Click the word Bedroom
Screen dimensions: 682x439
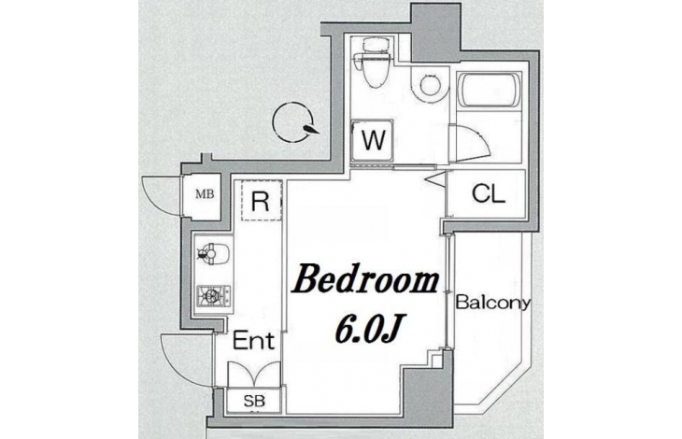(x=366, y=282)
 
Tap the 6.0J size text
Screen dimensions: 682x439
(x=367, y=328)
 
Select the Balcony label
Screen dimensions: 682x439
(x=493, y=303)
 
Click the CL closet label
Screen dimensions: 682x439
(x=489, y=193)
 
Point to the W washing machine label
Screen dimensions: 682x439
(x=374, y=140)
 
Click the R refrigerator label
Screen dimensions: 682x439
(x=261, y=202)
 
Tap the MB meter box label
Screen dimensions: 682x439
(x=205, y=194)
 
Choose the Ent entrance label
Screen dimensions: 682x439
(x=254, y=341)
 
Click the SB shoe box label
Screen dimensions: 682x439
(x=254, y=401)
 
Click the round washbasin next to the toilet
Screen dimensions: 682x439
(x=430, y=84)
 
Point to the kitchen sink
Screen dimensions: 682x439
(x=213, y=253)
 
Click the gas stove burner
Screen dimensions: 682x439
(x=213, y=295)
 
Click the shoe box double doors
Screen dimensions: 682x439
(x=254, y=374)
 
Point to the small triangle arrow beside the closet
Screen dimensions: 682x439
(x=437, y=179)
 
